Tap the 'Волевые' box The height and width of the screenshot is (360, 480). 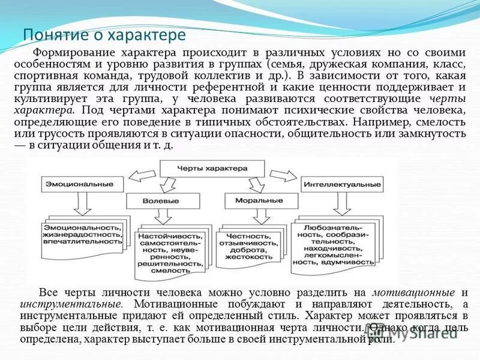click(163, 200)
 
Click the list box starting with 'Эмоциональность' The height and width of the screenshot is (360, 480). click(82, 235)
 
